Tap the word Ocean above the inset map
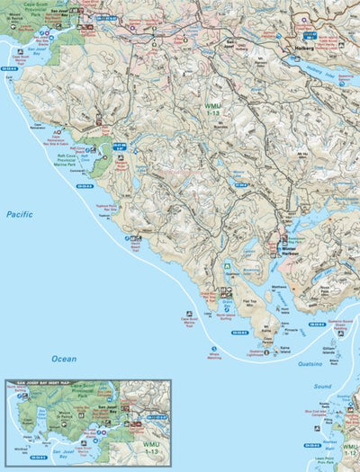pos(64,358)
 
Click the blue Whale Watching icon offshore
pos(213,348)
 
